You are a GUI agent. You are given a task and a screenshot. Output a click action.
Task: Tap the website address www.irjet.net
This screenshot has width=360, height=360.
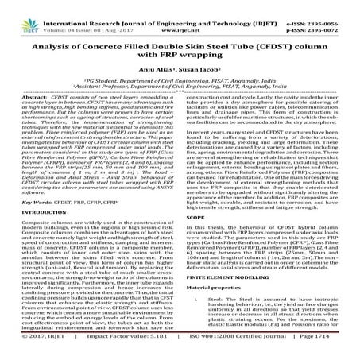[180, 14]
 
